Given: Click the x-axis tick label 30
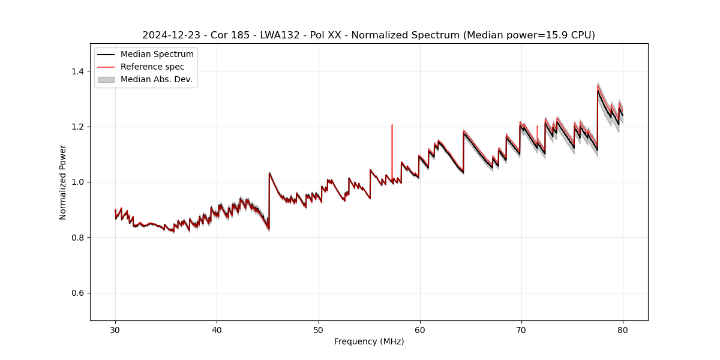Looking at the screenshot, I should coord(115,329).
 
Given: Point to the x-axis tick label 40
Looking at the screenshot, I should coord(217,329).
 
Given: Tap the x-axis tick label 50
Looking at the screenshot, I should coord(319,329).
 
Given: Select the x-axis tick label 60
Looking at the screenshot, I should coord(420,329).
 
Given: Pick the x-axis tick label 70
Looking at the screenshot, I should coord(521,329).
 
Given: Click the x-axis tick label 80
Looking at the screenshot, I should coord(623,329).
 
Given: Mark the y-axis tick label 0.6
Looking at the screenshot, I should coord(77,293).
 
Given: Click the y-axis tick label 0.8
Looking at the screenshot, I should coord(77,238).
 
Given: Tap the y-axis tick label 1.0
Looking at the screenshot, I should coord(77,182).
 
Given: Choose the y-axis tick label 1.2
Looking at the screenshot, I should coord(77,127).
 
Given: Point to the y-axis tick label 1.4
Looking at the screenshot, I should coord(77,71).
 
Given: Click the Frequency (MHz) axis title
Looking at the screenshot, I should coord(369,341).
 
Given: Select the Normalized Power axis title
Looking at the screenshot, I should coord(63,182).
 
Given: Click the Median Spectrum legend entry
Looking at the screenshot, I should coord(157,55).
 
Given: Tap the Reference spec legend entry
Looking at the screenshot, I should coord(152,67).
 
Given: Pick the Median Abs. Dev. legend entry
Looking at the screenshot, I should coord(156,79).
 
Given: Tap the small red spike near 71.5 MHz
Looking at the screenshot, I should coord(537,132).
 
